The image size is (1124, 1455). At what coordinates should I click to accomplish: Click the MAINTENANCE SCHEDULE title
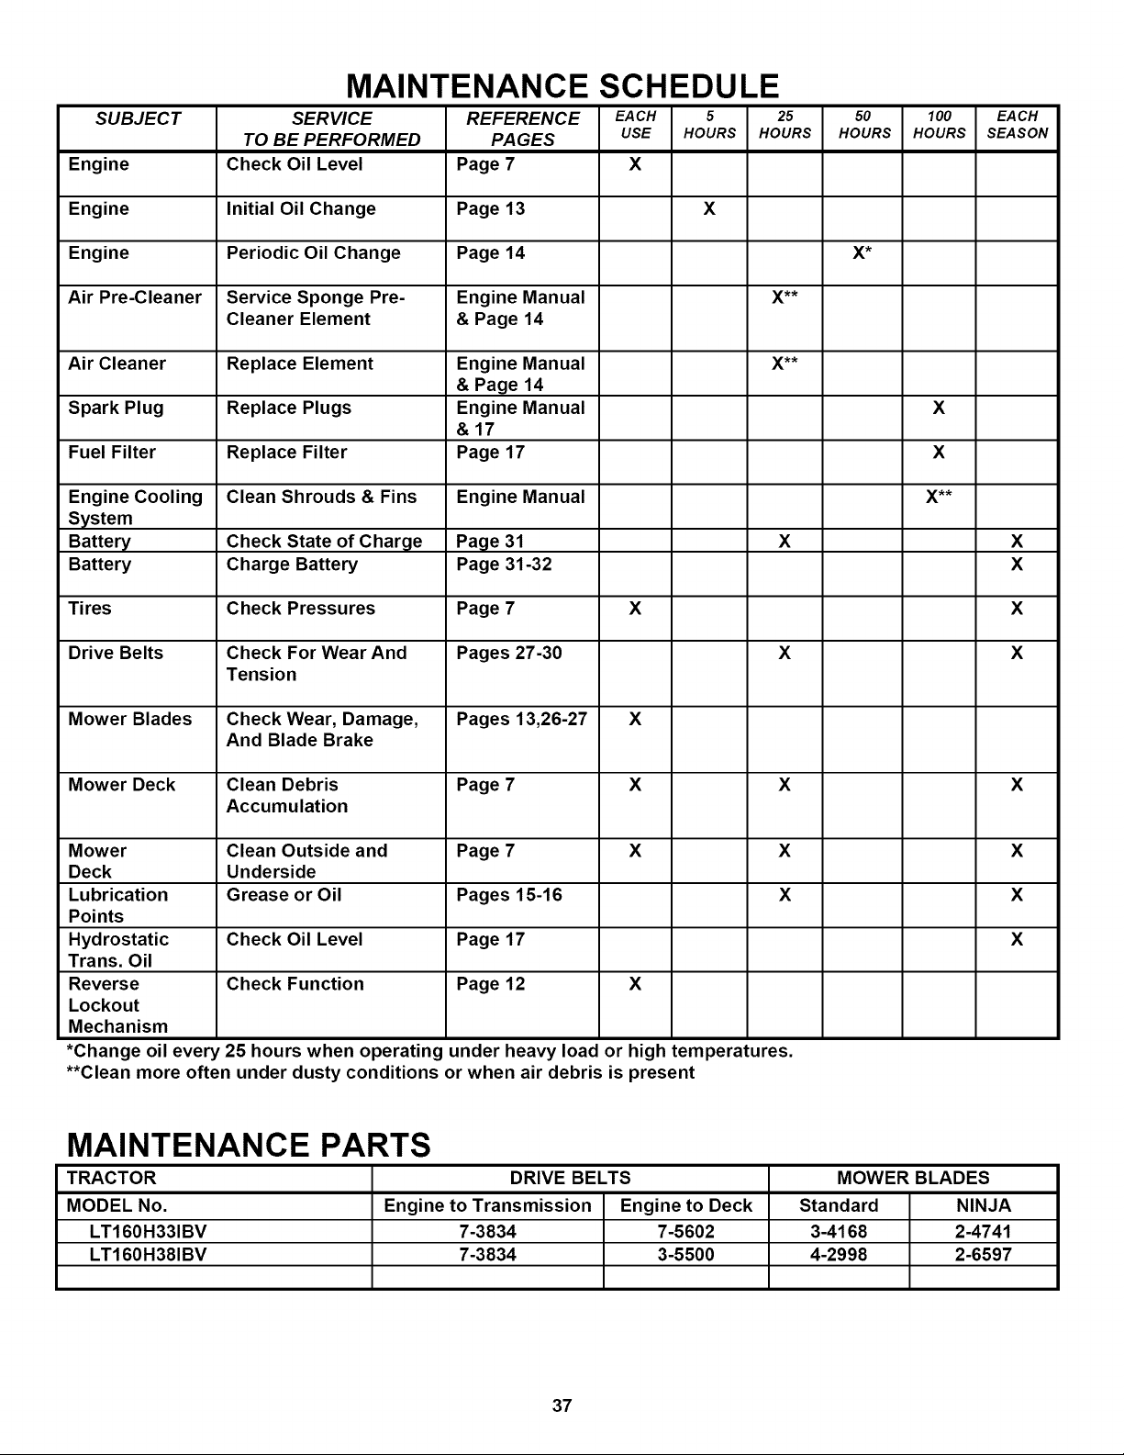tap(562, 85)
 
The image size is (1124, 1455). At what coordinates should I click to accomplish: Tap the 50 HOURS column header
tap(864, 125)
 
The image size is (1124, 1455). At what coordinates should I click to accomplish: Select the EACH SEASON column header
tap(1017, 125)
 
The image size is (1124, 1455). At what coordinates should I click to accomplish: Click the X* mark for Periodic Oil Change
tap(861, 253)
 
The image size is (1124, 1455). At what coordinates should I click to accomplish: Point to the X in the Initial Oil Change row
tap(708, 209)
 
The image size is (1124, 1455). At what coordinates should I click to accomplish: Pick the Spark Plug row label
tap(116, 408)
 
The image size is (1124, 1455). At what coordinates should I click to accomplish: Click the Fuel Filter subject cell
tap(112, 453)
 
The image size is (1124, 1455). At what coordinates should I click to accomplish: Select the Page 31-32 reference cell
tap(504, 565)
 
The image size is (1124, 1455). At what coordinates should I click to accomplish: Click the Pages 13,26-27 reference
tap(521, 719)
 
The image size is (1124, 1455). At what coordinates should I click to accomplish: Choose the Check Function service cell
tap(295, 984)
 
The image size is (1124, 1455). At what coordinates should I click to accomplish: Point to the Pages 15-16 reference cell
tap(509, 895)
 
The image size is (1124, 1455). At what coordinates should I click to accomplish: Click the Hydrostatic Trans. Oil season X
tap(1017, 940)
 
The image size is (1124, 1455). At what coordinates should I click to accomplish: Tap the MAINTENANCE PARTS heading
tap(248, 1146)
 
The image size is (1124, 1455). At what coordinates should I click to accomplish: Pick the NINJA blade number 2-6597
tap(983, 1254)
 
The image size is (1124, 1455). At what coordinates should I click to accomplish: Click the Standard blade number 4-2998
tap(839, 1254)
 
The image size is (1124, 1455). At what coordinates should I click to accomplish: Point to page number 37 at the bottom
tap(562, 1405)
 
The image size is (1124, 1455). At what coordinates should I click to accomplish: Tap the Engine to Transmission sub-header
tap(487, 1205)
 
